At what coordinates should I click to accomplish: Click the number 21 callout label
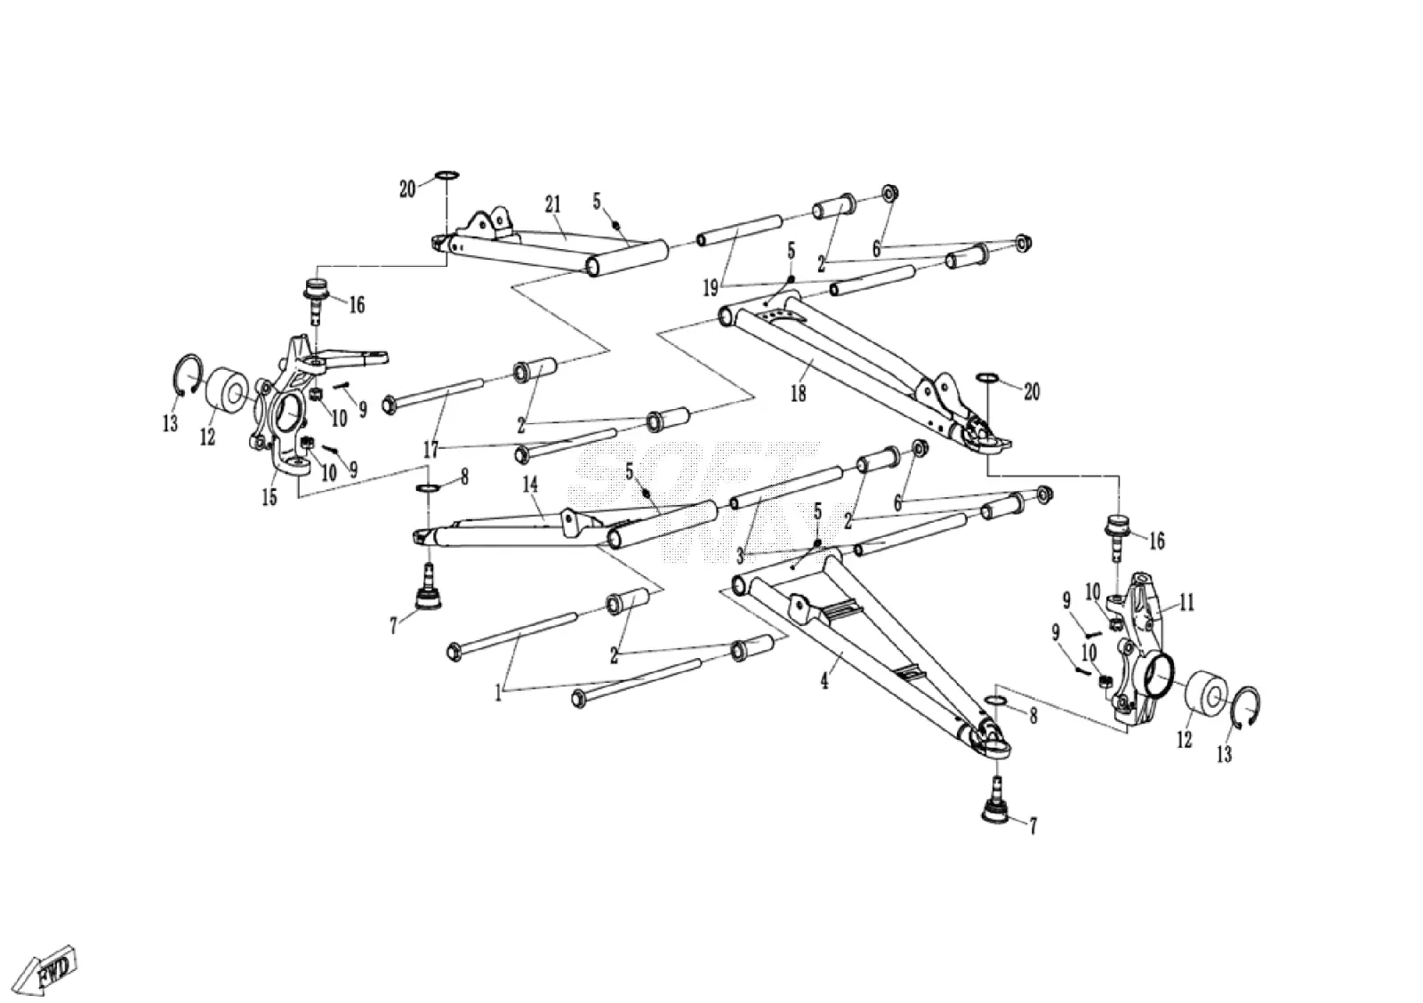pos(552,205)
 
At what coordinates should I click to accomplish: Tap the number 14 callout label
pos(530,485)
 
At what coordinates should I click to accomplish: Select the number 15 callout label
pos(269,497)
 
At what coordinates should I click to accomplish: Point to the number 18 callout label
pos(799,394)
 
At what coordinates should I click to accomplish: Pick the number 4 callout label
pos(824,682)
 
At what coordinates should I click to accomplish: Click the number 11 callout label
pos(1186,602)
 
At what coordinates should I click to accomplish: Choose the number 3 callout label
pos(739,557)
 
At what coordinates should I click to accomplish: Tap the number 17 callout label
pos(430,450)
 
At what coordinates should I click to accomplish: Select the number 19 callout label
pos(711,289)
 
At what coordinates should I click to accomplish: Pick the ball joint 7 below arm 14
pos(428,589)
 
